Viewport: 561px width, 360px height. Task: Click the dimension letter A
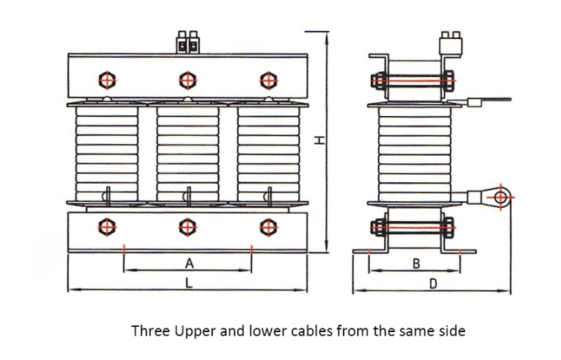tap(188, 262)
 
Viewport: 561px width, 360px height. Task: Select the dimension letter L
tap(188, 283)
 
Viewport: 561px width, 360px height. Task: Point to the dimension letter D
tap(432, 283)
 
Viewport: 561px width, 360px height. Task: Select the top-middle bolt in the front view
tap(188, 79)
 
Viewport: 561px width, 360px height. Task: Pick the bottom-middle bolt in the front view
tap(188, 228)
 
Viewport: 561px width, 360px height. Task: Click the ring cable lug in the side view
tap(502, 196)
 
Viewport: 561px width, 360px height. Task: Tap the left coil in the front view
tap(106, 154)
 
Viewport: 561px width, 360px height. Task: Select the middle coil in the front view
tap(188, 154)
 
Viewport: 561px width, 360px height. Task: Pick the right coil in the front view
tap(269, 154)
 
